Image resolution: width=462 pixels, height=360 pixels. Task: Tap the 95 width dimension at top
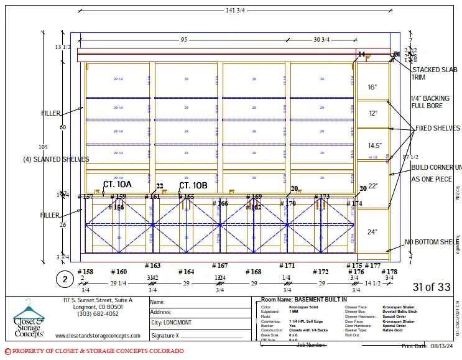pyautogui.click(x=184, y=40)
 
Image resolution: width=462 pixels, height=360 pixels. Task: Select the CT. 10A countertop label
pyautogui.click(x=117, y=185)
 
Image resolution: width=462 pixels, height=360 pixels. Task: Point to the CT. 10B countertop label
pyautogui.click(x=193, y=185)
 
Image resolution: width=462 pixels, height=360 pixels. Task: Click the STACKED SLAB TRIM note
pyautogui.click(x=434, y=73)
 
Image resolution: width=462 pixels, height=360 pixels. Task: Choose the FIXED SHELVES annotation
pyautogui.click(x=438, y=129)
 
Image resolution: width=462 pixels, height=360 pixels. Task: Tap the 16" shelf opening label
pyautogui.click(x=372, y=88)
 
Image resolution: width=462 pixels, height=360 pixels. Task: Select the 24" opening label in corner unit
pyautogui.click(x=372, y=232)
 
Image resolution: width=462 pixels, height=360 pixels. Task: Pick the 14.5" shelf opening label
pyautogui.click(x=374, y=145)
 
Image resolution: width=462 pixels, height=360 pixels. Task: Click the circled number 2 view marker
pyautogui.click(x=64, y=279)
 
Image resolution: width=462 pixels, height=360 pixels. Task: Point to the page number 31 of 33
pyautogui.click(x=431, y=287)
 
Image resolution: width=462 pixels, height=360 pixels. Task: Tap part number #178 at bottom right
pyautogui.click(x=389, y=272)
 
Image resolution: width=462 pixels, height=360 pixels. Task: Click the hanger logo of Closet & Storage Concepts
pyautogui.click(x=29, y=310)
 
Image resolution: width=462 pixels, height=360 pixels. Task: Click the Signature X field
pyautogui.click(x=196, y=336)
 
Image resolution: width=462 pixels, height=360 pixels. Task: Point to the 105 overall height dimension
pyautogui.click(x=42, y=147)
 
